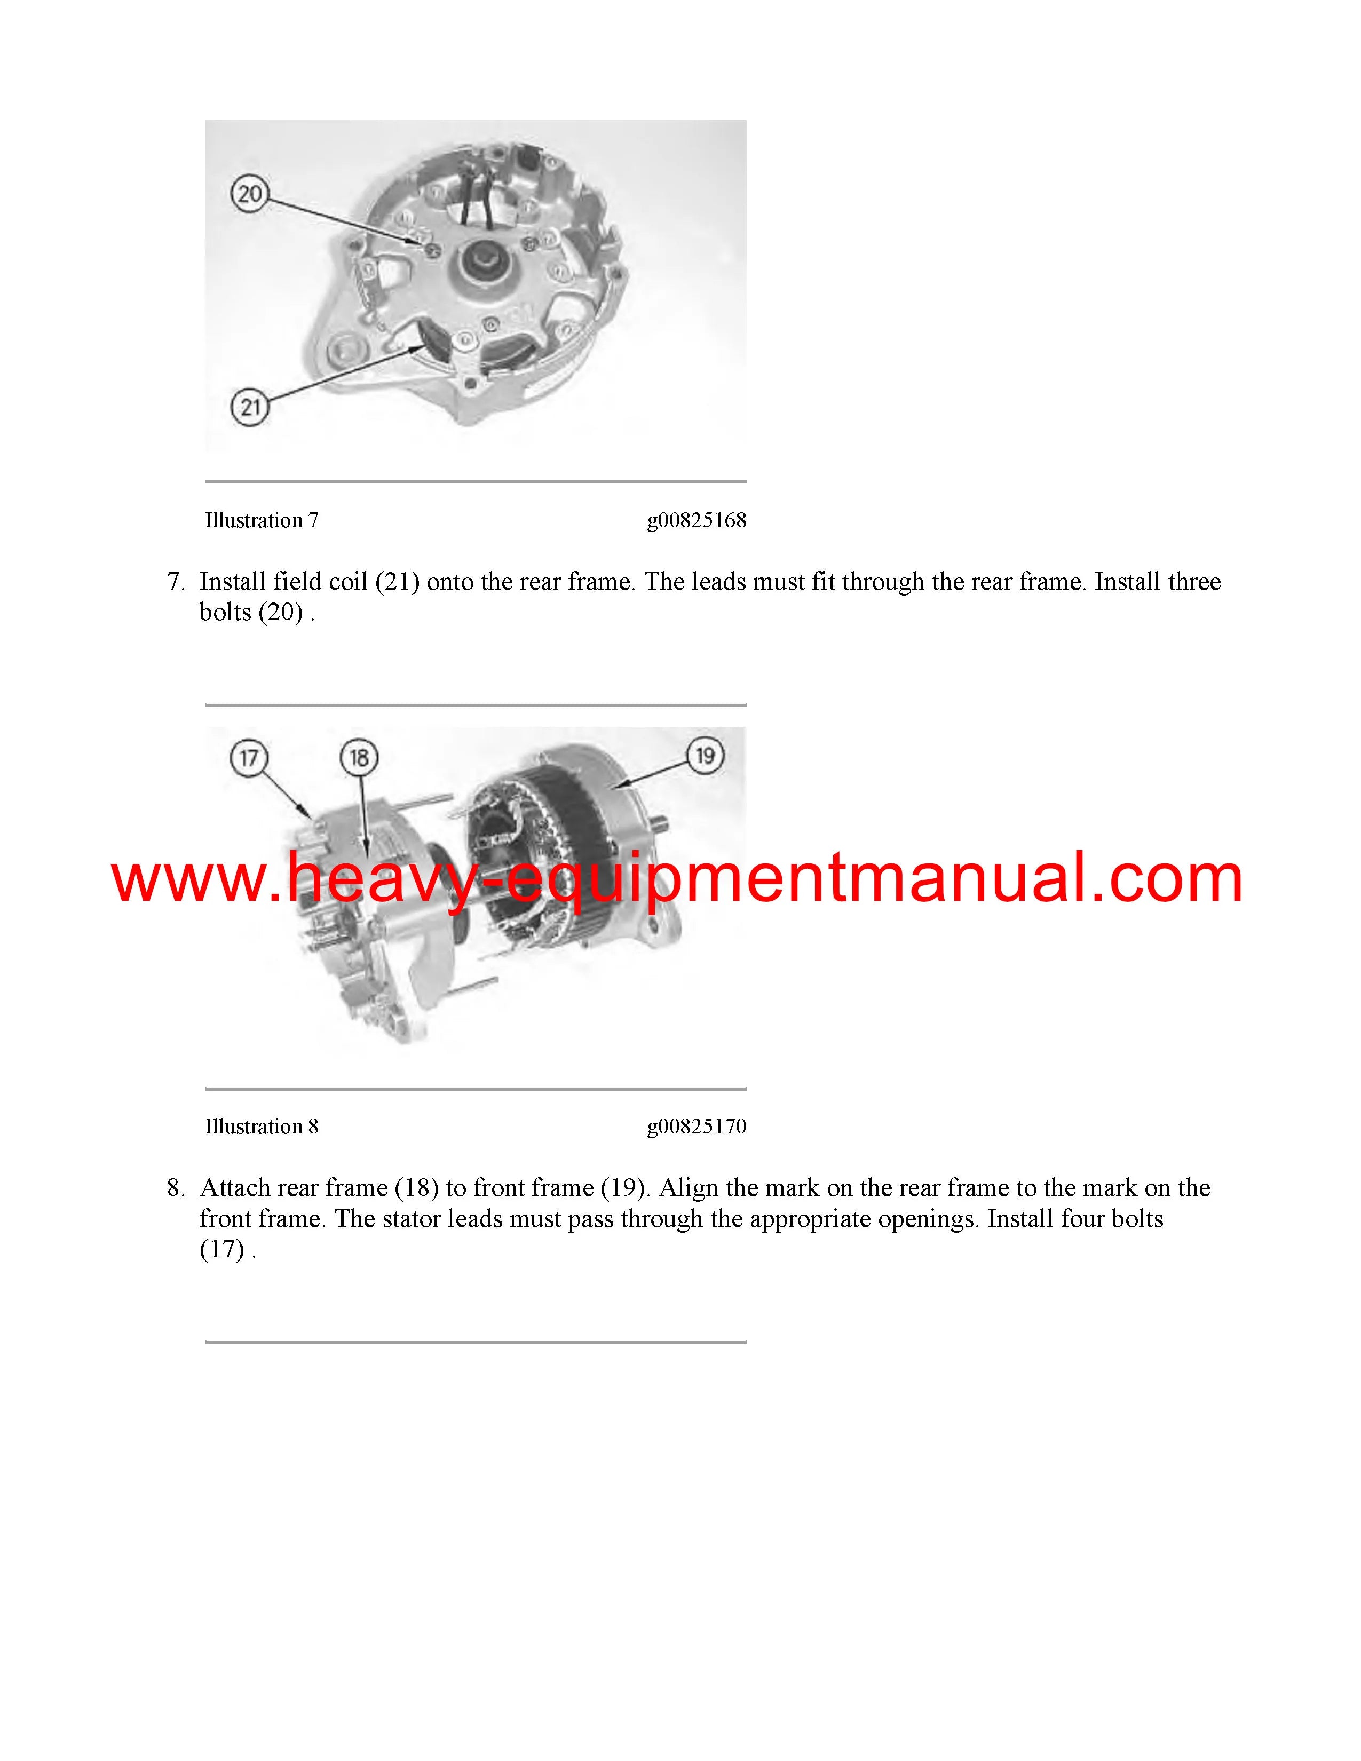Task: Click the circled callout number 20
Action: [249, 194]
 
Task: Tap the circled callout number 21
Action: [250, 407]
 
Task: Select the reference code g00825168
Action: [697, 521]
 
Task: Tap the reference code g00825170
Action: [697, 1127]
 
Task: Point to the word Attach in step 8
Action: [235, 1188]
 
